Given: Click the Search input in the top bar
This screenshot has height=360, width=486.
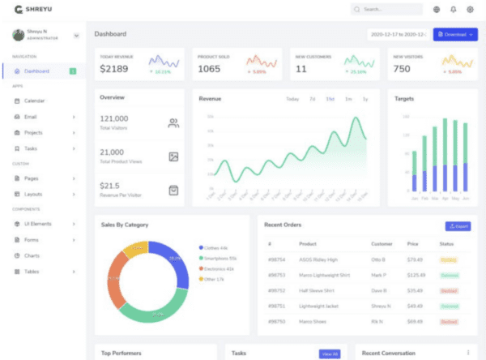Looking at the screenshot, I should [387, 10].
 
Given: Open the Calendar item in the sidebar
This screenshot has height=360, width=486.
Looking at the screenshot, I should [35, 101].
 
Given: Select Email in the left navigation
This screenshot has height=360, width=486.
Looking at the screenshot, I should [31, 117].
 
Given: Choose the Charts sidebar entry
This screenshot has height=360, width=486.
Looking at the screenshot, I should [32, 255].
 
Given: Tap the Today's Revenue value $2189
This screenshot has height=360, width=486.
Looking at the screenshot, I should [114, 69].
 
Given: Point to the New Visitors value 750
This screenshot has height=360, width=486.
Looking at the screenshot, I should [401, 69].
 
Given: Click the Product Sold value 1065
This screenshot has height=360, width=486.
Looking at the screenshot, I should [209, 69].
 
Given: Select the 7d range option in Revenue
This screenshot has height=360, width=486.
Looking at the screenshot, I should [312, 99].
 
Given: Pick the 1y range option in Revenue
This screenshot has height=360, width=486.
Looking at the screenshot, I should [365, 99].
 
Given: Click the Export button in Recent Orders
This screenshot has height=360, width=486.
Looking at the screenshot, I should [458, 226].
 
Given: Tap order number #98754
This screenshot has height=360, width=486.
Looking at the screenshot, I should [275, 260].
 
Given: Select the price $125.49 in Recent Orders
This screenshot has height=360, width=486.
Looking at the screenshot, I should [416, 275].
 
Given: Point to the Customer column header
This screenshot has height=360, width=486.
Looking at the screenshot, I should [381, 244].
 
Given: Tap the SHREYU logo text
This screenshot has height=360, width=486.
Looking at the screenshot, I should [38, 10].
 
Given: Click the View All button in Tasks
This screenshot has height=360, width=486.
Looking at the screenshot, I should [330, 354].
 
